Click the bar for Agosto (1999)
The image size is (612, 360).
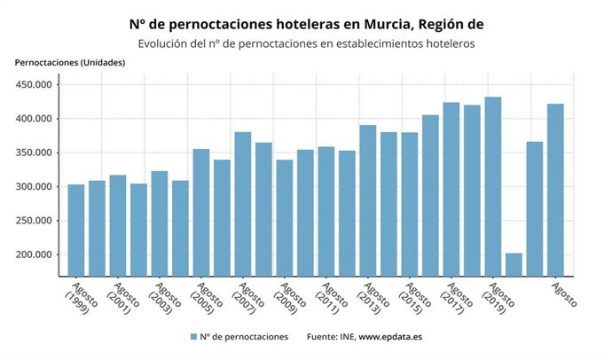coord(76,231)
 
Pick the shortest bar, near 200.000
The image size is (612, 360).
coord(514,264)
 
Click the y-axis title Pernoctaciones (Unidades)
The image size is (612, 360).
coord(70,62)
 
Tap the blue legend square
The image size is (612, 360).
coord(192,337)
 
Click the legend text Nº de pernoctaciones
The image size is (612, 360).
coord(244,337)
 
